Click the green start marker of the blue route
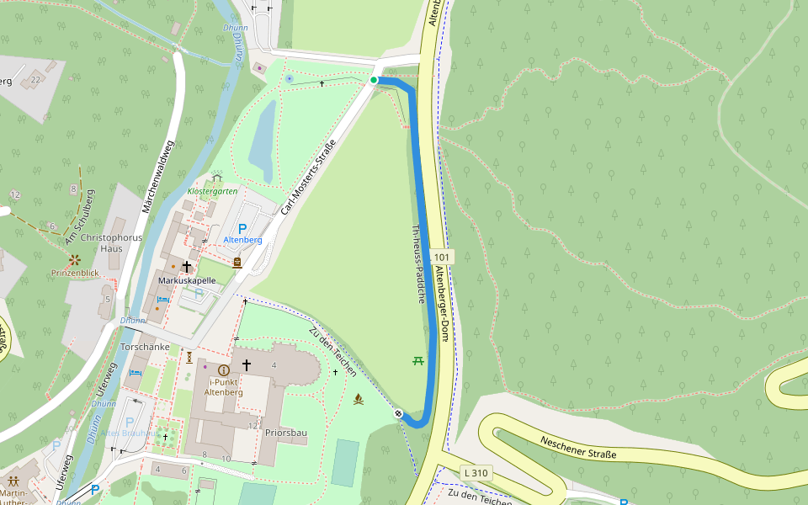pyautogui.click(x=374, y=80)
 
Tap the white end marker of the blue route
pyautogui.click(x=397, y=413)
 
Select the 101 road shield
pyautogui.click(x=443, y=256)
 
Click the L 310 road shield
pyautogui.click(x=476, y=474)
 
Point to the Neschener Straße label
pyautogui.click(x=578, y=448)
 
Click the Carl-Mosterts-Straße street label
pyautogui.click(x=308, y=177)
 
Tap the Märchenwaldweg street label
pyautogui.click(x=159, y=176)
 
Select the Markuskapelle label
pyautogui.click(x=187, y=280)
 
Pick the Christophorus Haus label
pyautogui.click(x=112, y=243)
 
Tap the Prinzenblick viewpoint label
pyautogui.click(x=75, y=273)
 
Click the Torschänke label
pyautogui.click(x=146, y=347)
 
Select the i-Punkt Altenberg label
pyautogui.click(x=223, y=386)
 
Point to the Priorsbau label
pyautogui.click(x=285, y=433)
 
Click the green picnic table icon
pyautogui.click(x=417, y=360)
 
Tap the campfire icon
pyautogui.click(x=358, y=399)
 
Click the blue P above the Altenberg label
pyautogui.click(x=242, y=228)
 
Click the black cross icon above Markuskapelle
pyautogui.click(x=186, y=266)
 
